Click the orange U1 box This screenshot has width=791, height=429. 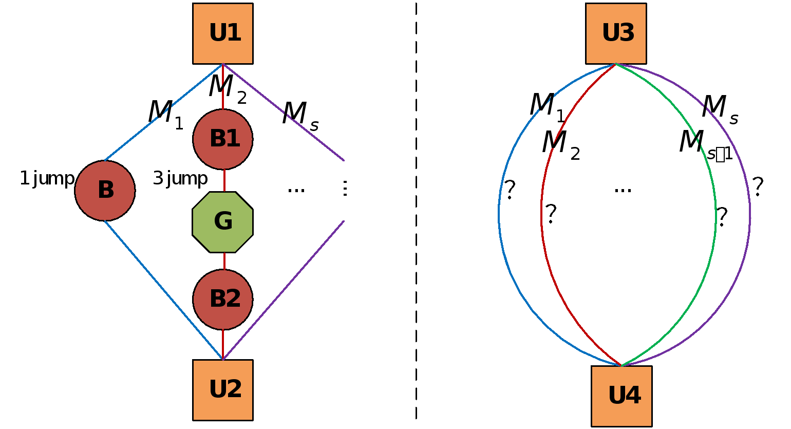[223, 33]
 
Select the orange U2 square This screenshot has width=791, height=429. [223, 390]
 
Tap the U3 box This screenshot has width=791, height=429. [616, 33]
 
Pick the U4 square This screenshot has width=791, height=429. [621, 396]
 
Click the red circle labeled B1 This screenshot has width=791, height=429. [223, 139]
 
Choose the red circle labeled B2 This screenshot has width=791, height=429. [223, 300]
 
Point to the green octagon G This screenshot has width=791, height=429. [223, 222]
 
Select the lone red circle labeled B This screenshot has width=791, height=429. [105, 191]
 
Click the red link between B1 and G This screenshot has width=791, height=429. [224, 180]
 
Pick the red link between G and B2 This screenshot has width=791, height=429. [224, 261]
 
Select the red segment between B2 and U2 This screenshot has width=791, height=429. [223, 344]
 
